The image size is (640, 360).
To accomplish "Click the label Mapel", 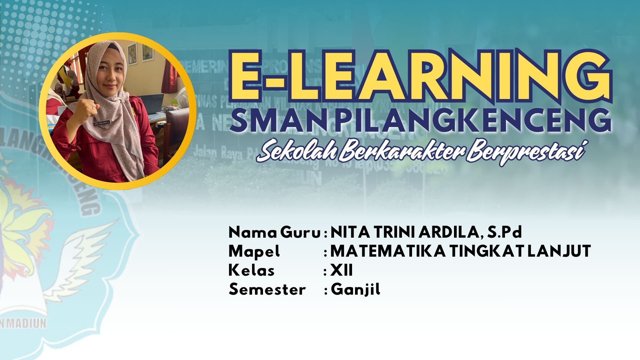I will tap(254, 251).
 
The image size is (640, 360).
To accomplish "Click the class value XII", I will tap(341, 270).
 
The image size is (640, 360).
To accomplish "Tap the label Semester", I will tap(267, 289).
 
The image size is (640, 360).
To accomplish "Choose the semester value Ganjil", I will tap(355, 289).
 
